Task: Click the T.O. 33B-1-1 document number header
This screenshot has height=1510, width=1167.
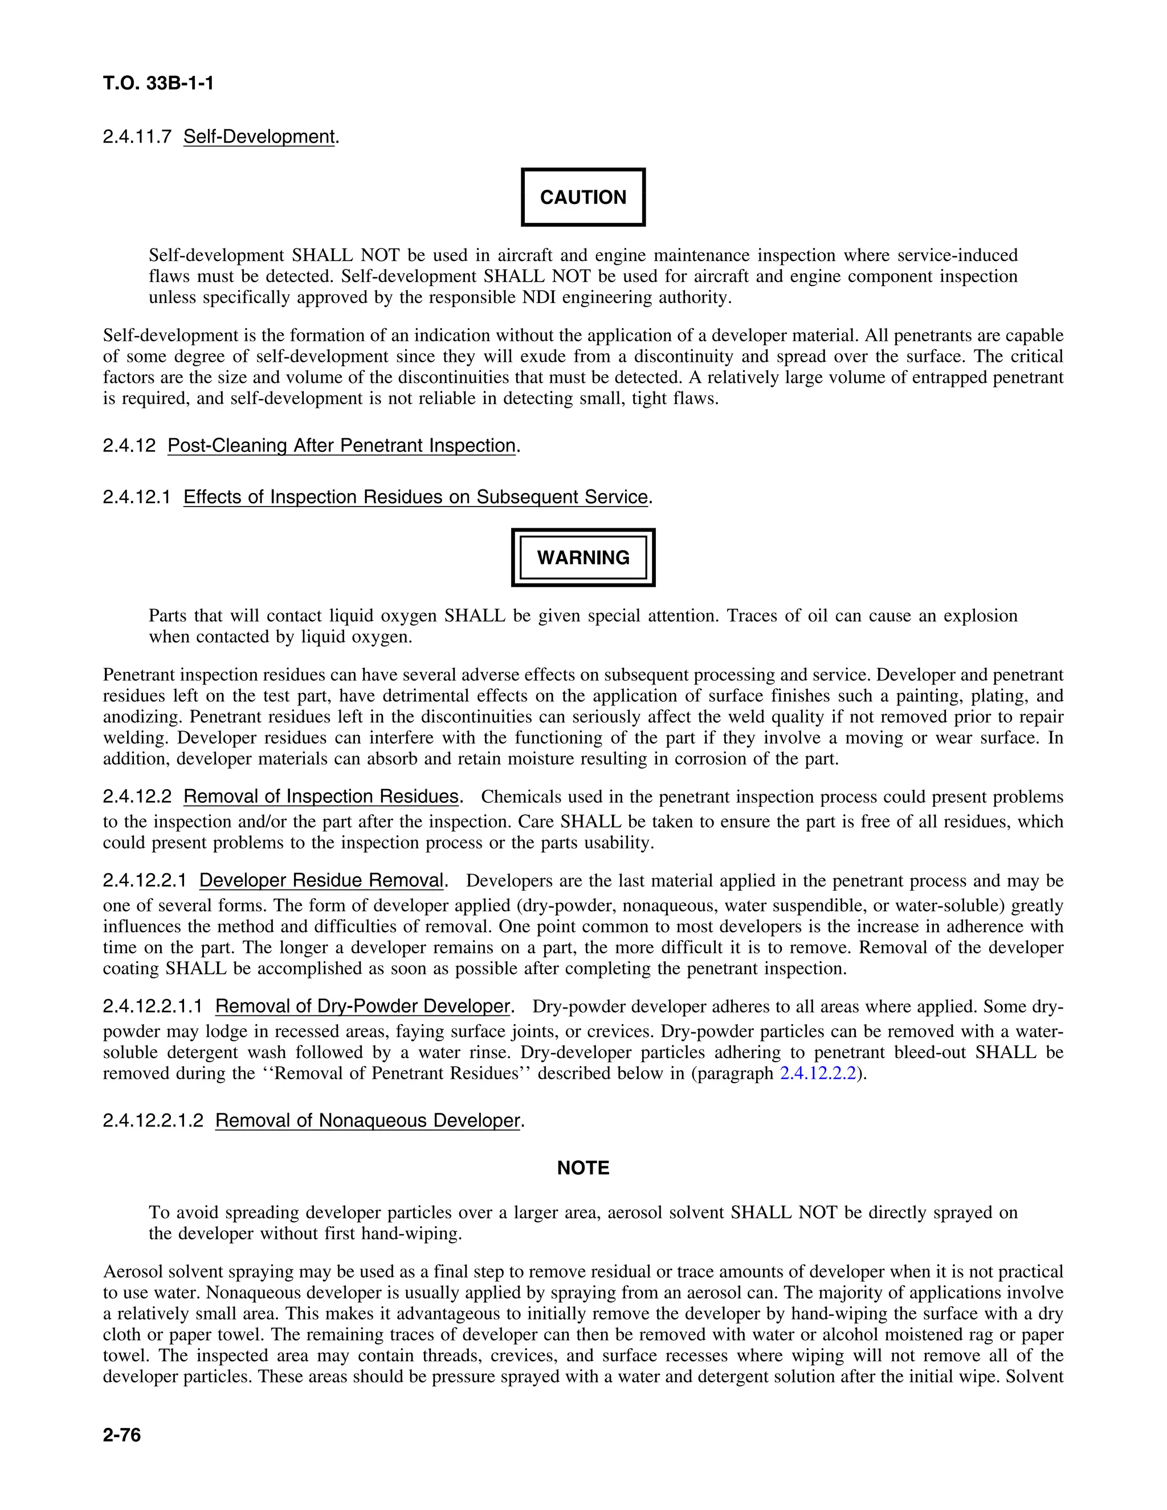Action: tap(158, 84)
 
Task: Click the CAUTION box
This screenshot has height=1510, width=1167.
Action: tap(583, 197)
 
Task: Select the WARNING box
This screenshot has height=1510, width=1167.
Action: tap(583, 557)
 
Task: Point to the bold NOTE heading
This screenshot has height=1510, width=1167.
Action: tap(583, 1168)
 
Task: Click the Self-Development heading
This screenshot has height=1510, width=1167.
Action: tap(259, 136)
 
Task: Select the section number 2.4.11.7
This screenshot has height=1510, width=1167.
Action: tap(137, 136)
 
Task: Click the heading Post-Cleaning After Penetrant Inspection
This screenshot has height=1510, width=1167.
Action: tap(341, 445)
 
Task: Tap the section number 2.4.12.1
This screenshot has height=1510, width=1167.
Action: tap(137, 497)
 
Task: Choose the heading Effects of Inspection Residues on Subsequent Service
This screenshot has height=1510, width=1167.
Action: tap(415, 497)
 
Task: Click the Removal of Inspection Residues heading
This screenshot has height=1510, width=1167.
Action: tap(321, 797)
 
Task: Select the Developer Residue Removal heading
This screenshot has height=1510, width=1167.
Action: tap(321, 880)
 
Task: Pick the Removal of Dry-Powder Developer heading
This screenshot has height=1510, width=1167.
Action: tap(362, 1006)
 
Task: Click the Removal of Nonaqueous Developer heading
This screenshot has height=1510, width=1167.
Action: tap(367, 1120)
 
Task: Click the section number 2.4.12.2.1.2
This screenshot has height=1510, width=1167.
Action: tap(153, 1120)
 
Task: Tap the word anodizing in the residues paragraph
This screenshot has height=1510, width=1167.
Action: tap(142, 716)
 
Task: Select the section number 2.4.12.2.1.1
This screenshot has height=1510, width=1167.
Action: tap(153, 1006)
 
